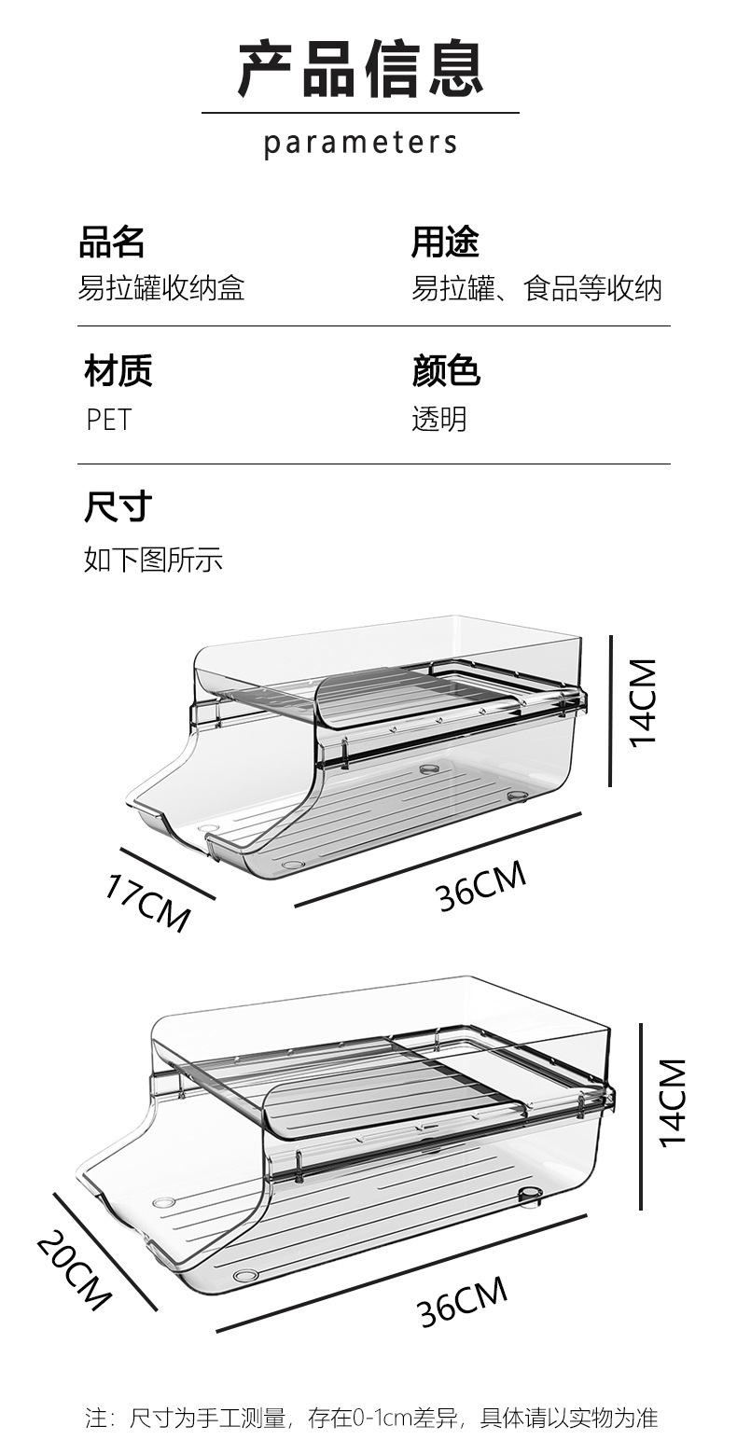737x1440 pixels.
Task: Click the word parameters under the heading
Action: [360, 144]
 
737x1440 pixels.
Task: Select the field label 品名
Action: [112, 242]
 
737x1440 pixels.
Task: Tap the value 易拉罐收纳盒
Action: [160, 288]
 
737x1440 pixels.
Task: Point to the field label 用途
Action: [445, 242]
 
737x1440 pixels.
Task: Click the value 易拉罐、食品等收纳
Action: [536, 288]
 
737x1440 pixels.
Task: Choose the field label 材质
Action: [118, 370]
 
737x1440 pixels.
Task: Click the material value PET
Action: [109, 419]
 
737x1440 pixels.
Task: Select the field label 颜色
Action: [446, 370]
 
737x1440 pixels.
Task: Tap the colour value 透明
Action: [439, 419]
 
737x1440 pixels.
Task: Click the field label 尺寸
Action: [118, 507]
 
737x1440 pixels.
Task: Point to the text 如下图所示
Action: [153, 560]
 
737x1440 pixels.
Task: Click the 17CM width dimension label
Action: [147, 902]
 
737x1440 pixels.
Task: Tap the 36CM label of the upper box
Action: [480, 885]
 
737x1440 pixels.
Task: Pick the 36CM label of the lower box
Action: [463, 1300]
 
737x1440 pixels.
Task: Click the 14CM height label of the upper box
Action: [644, 701]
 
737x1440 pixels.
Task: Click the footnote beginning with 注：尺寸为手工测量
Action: [371, 1419]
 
